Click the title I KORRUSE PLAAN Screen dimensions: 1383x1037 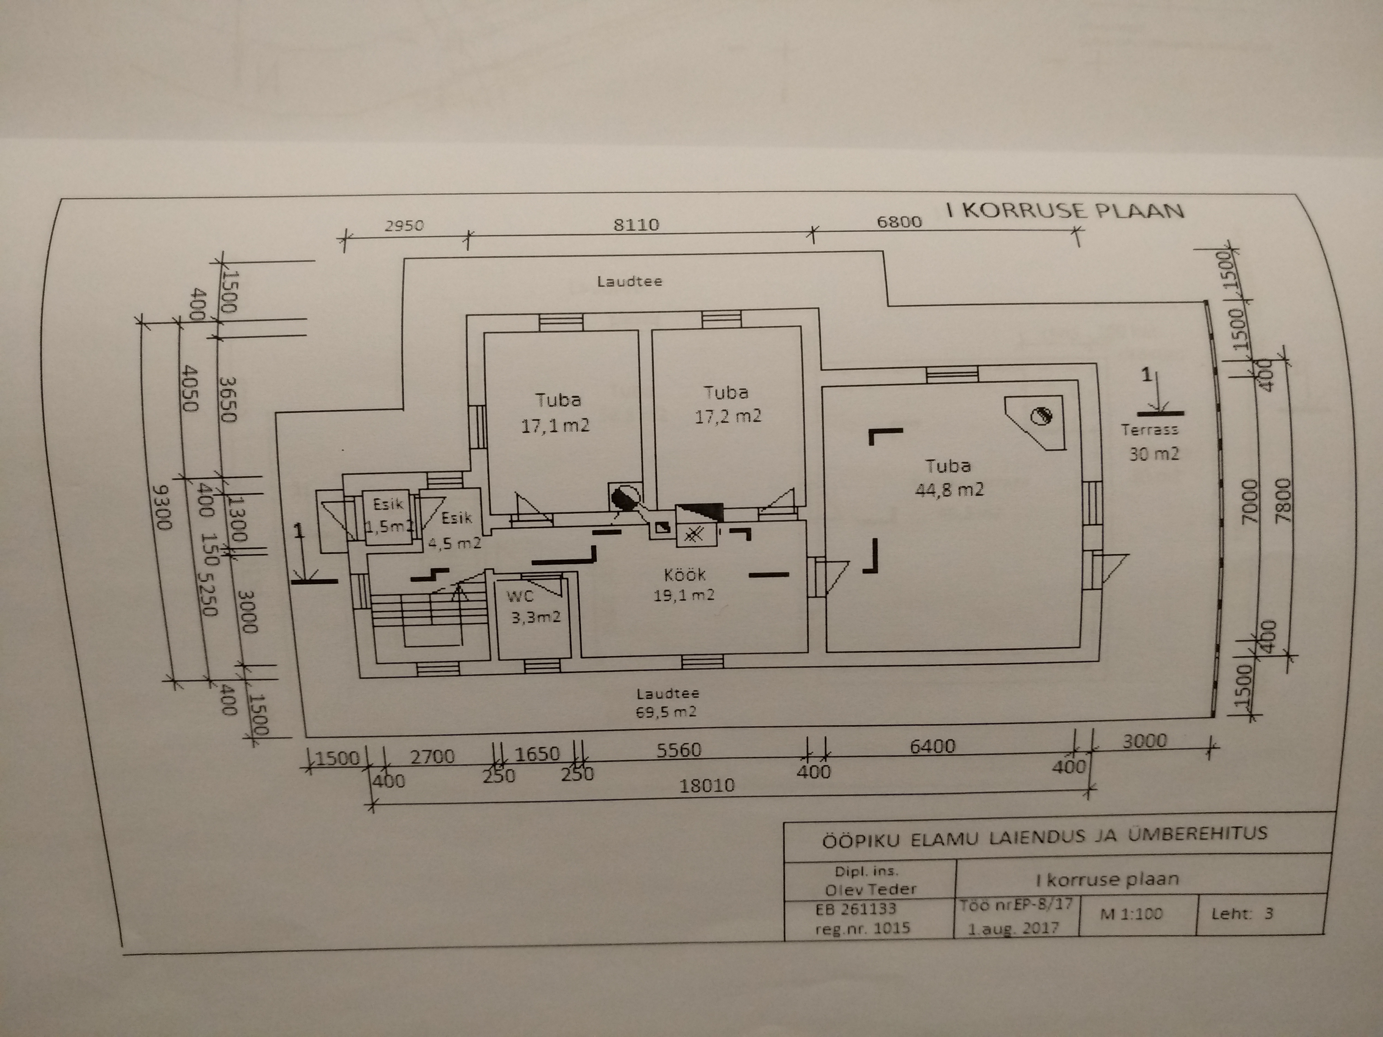1065,209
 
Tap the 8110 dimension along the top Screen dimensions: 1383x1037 636,224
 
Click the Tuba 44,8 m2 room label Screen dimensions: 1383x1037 949,478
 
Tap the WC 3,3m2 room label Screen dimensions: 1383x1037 533,607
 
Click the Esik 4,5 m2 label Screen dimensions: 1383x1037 455,530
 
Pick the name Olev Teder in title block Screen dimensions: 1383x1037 870,888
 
